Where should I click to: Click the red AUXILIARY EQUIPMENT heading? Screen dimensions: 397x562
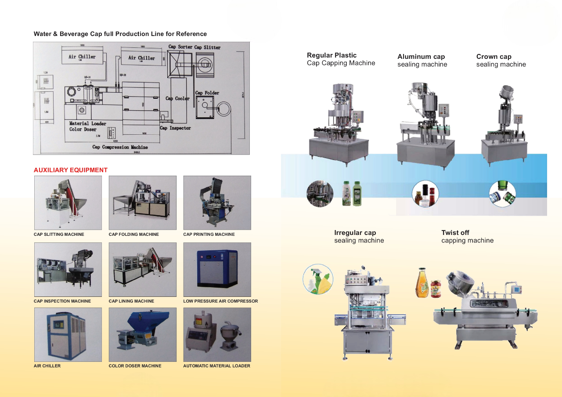(70, 170)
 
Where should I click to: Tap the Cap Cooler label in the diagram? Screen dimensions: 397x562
(177, 98)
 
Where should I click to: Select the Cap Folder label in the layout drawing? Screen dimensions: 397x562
(207, 93)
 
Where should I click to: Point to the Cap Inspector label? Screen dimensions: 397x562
(175, 128)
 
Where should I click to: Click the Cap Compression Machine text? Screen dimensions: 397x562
(120, 147)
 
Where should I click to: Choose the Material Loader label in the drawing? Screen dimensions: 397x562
(87, 123)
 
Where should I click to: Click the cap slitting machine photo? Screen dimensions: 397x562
(68, 202)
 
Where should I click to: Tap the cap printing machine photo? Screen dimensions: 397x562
(217, 202)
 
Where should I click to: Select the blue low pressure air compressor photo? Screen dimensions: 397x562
(217, 269)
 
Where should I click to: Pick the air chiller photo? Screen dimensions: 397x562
(68, 334)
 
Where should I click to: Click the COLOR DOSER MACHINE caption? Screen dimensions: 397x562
(135, 366)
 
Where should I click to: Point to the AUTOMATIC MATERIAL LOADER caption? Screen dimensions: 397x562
(216, 366)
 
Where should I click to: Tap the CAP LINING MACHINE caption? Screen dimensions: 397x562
(131, 301)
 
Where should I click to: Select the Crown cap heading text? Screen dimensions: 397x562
(494, 57)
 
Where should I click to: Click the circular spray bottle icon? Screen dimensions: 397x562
(318, 279)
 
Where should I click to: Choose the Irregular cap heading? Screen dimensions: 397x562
(355, 233)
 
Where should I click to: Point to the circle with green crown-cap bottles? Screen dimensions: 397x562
(502, 194)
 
